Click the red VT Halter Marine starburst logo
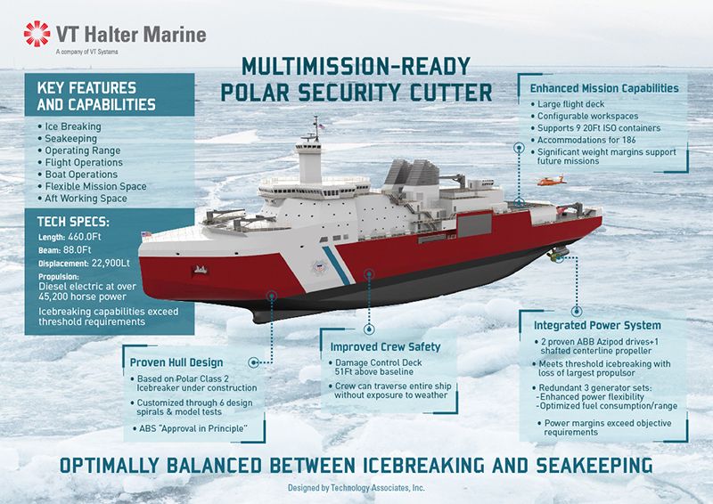click(37, 34)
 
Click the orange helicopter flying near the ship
click(552, 181)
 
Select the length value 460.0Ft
click(85, 237)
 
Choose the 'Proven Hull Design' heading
click(176, 362)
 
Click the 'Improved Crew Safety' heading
click(385, 347)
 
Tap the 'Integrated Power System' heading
click(597, 325)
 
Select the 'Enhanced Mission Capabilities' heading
click(604, 88)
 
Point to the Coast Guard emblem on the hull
click(320, 267)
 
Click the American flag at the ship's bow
click(146, 235)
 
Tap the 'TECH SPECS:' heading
click(73, 222)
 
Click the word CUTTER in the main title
click(451, 93)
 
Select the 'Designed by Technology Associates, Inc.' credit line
click(356, 488)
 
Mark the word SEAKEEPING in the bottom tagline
click(594, 466)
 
